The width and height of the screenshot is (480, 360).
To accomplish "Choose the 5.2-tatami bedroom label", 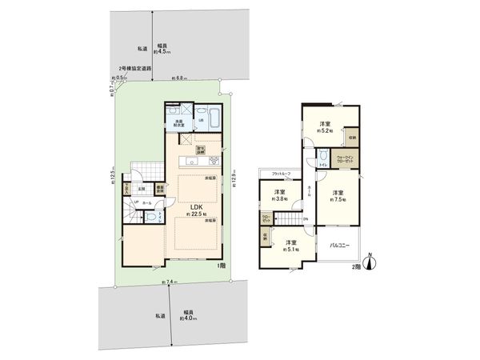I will [326, 126].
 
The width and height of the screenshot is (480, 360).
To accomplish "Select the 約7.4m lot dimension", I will [169, 282].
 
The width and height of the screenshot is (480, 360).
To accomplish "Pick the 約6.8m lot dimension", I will [179, 78].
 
